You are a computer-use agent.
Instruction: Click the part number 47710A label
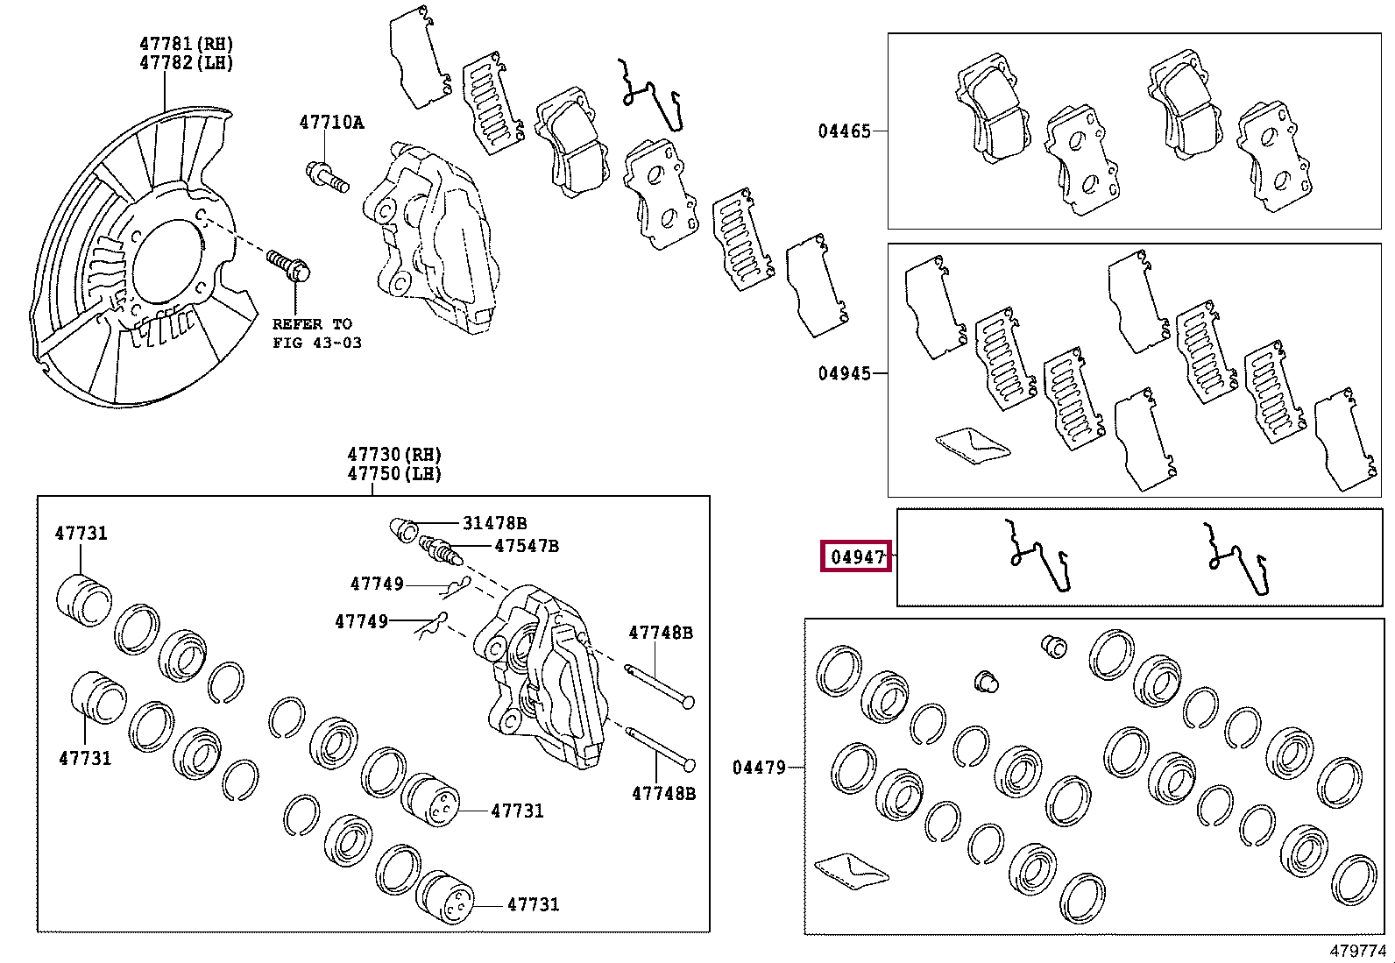coord(331,123)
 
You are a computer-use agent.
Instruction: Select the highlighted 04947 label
coord(856,557)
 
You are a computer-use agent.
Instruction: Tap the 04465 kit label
coord(844,131)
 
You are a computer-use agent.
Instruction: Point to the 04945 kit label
coord(844,374)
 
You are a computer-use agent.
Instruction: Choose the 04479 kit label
coord(759,768)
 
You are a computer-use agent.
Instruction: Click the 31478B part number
coord(494,523)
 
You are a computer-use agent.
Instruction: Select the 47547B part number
coord(526,546)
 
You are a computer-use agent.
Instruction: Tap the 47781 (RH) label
coord(187,43)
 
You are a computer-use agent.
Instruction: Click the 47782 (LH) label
coord(187,62)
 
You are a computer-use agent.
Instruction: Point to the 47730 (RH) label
coord(394,454)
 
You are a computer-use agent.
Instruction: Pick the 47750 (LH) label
coord(394,474)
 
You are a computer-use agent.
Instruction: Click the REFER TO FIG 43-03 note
coord(316,333)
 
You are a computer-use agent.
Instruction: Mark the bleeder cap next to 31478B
coord(403,529)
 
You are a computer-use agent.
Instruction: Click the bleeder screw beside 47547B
coord(438,551)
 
